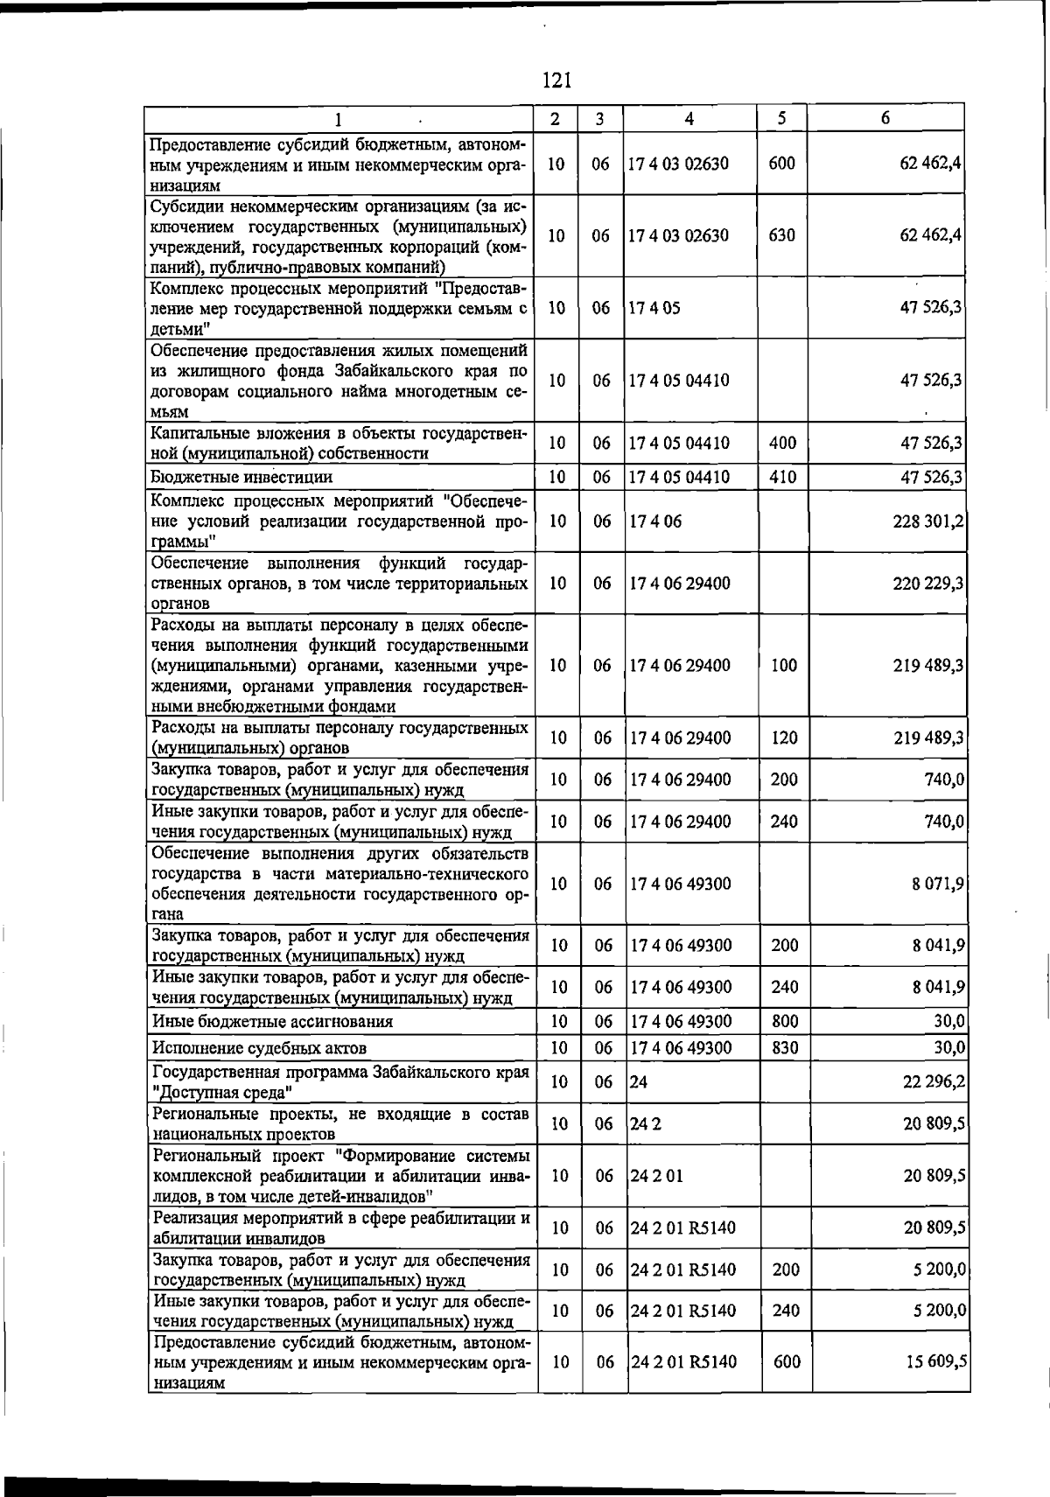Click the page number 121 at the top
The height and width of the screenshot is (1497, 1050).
point(556,80)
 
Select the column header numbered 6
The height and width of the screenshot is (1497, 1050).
point(885,118)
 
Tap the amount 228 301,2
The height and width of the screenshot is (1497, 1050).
point(928,521)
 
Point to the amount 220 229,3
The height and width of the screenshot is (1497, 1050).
point(928,584)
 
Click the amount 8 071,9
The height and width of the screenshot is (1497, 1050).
point(937,884)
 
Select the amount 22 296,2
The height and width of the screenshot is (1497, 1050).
point(934,1082)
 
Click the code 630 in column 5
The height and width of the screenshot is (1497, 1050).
point(781,235)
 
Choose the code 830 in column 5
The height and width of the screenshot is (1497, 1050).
point(784,1047)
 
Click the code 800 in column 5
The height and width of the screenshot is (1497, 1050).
point(784,1021)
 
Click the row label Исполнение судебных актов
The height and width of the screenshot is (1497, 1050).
point(259,1048)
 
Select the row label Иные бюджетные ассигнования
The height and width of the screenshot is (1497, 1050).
point(272,1021)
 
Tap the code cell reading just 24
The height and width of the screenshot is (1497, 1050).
point(639,1082)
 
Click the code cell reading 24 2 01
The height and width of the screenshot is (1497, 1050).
point(656,1175)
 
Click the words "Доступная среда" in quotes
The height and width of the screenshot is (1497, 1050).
point(222,1093)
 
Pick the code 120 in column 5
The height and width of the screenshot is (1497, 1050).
point(784,738)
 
